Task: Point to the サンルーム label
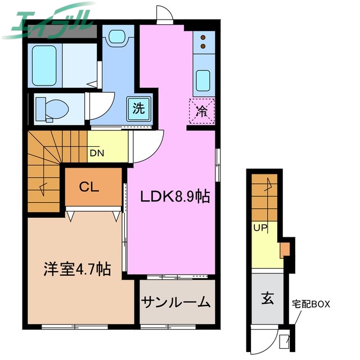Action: pyautogui.click(x=176, y=302)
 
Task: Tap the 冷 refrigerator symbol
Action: pyautogui.click(x=201, y=110)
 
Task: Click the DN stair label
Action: pyautogui.click(x=97, y=152)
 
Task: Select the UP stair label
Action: pyautogui.click(x=259, y=228)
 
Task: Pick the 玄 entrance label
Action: pyautogui.click(x=267, y=299)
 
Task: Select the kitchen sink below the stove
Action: pyautogui.click(x=201, y=78)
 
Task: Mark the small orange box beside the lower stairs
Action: pyautogui.click(x=285, y=248)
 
